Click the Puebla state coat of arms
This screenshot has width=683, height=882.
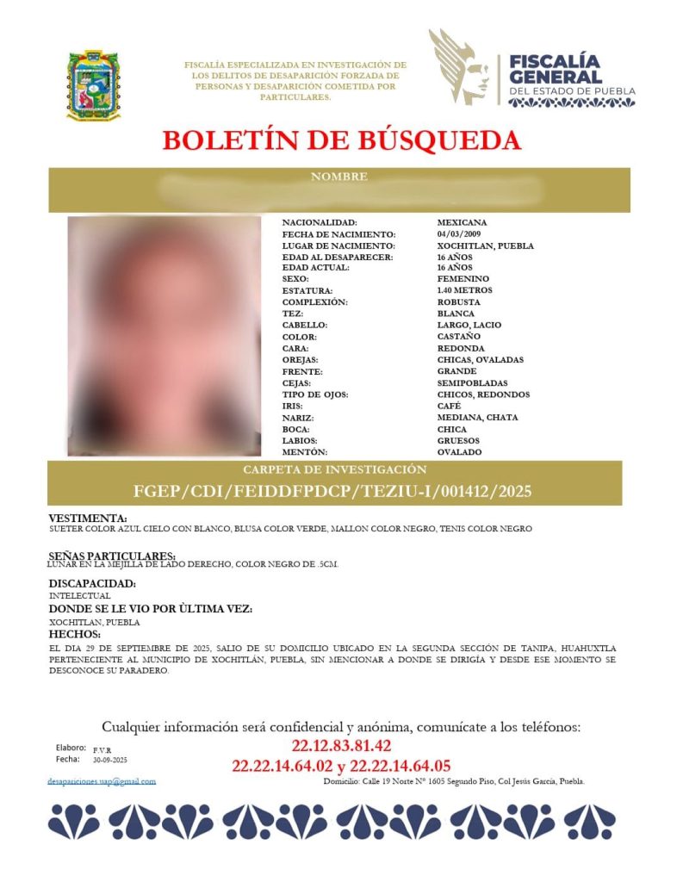[94, 84]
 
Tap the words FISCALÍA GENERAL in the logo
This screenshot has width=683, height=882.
[554, 70]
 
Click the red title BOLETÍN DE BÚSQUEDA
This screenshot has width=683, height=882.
[341, 140]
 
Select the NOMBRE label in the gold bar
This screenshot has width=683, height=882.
[339, 177]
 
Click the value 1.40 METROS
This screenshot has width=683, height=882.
[465, 291]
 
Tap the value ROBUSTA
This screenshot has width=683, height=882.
[459, 302]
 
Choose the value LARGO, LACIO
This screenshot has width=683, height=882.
[469, 326]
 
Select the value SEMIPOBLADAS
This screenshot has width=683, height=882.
[472, 383]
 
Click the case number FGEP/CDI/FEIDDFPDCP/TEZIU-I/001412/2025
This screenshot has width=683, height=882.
[332, 492]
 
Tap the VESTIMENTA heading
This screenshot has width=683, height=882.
[88, 519]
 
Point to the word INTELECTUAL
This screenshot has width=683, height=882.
[80, 595]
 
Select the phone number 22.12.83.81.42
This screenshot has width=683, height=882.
[342, 746]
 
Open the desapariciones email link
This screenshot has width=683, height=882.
[102, 781]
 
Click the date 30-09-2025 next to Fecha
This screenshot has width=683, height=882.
[110, 761]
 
